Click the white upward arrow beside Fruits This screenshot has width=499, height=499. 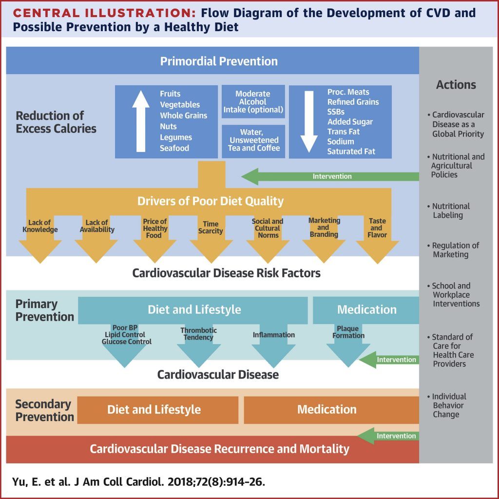point(141,121)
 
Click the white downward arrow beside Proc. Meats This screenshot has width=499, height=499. point(309,121)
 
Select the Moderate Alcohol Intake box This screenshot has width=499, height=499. point(252,102)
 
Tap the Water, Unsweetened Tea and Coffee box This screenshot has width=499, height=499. point(253,140)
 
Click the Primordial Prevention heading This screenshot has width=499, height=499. point(219,61)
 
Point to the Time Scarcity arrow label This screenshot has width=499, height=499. point(211,228)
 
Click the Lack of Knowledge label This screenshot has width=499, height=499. point(39,227)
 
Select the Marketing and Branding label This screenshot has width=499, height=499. point(324,228)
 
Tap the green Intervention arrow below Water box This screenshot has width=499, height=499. point(331,176)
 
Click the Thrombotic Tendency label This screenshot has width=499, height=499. point(199,334)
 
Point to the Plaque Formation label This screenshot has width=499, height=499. point(348,332)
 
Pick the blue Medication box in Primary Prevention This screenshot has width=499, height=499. point(366,310)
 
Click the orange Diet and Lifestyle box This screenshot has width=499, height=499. point(154,410)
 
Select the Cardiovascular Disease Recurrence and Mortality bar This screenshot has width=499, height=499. point(219,449)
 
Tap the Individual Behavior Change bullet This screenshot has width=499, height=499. point(449,405)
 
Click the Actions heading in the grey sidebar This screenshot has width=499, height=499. point(456,85)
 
